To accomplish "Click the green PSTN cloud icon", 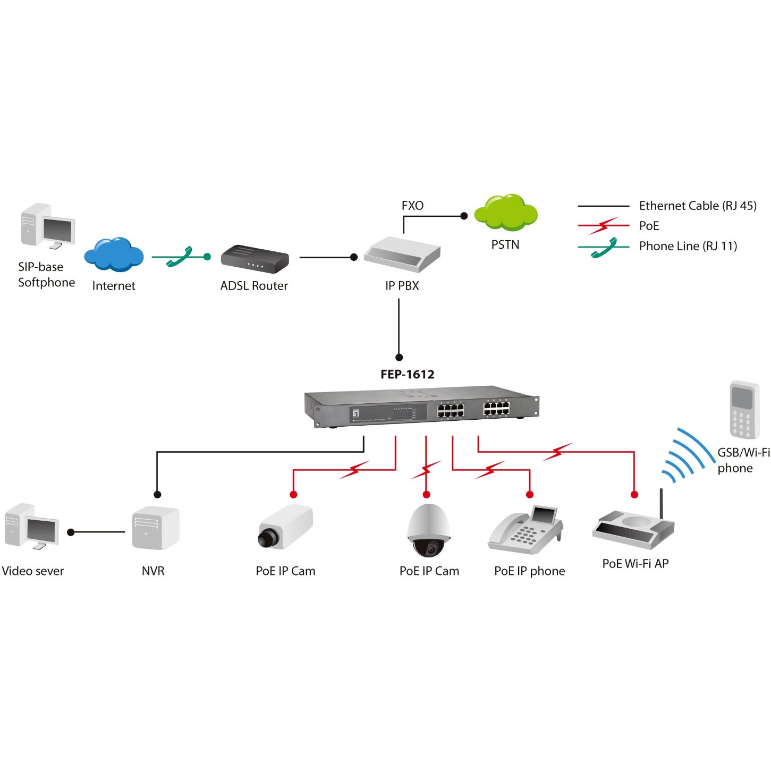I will (x=505, y=213).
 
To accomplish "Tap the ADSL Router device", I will (x=255, y=258).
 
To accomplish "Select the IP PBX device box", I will (x=402, y=254).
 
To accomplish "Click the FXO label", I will (x=412, y=206).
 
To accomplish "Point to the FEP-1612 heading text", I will (x=408, y=375).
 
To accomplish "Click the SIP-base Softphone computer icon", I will (x=48, y=226).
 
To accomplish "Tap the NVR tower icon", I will (x=156, y=528).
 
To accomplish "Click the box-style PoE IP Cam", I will (x=285, y=528).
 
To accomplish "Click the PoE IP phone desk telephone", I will (x=526, y=529).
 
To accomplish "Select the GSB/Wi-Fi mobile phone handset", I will (x=744, y=410).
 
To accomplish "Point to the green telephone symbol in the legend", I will (x=604, y=248).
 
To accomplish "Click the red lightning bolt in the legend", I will (x=604, y=226).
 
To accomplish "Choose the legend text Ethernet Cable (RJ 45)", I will (x=698, y=206).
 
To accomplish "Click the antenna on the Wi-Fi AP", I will (x=662, y=504).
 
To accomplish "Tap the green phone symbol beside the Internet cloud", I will (x=179, y=257).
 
